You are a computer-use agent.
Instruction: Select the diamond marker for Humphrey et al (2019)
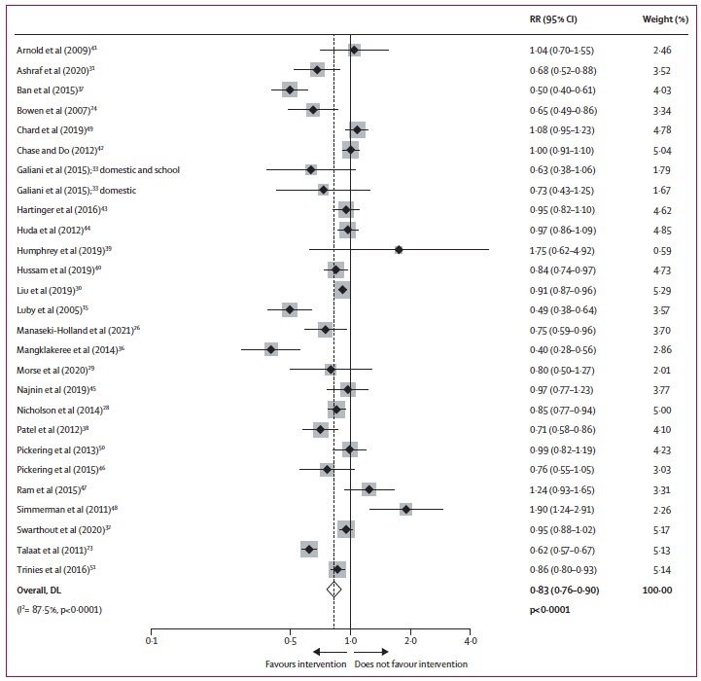[x=399, y=250]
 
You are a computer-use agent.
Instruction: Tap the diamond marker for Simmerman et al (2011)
[x=405, y=509]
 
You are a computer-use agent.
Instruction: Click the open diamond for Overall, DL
[x=333, y=589]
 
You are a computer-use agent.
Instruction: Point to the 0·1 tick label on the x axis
[x=151, y=643]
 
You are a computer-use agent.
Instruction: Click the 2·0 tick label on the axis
[x=410, y=643]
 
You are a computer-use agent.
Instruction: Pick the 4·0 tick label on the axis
[x=471, y=643]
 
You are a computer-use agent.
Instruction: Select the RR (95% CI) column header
[x=543, y=18]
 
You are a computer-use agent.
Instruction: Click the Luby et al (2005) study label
[x=49, y=309]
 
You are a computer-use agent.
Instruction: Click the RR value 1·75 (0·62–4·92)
[x=548, y=250]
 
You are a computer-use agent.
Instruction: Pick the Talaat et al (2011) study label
[x=51, y=549]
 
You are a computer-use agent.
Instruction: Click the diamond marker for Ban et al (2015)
[x=290, y=90]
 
